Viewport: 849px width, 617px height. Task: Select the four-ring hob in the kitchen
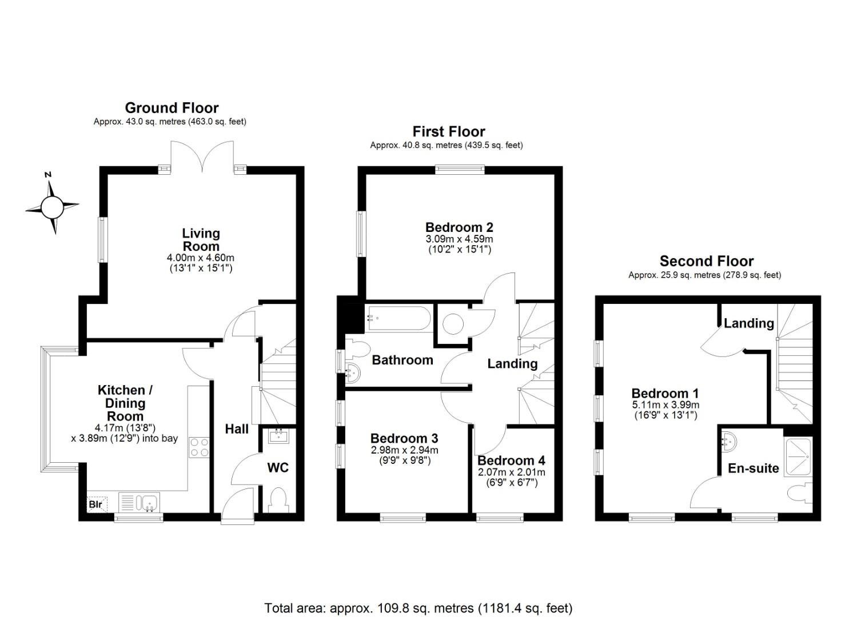(x=199, y=447)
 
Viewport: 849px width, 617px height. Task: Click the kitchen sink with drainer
(x=139, y=503)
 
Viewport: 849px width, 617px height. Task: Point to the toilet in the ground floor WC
(x=278, y=500)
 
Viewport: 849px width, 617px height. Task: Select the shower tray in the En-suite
(x=799, y=456)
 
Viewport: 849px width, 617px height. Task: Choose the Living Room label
(x=201, y=240)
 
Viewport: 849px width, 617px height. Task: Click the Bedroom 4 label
(x=511, y=460)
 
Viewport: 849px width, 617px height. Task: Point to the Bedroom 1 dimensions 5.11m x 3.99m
(x=665, y=404)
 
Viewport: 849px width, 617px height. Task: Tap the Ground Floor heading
(x=172, y=108)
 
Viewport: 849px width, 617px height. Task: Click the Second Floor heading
(x=707, y=261)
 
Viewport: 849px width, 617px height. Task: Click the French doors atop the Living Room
(x=202, y=157)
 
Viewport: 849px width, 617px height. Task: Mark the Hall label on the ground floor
(x=237, y=429)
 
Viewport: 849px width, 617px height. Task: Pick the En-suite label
(x=754, y=468)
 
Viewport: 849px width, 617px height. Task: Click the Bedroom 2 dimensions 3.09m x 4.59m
(x=459, y=239)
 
